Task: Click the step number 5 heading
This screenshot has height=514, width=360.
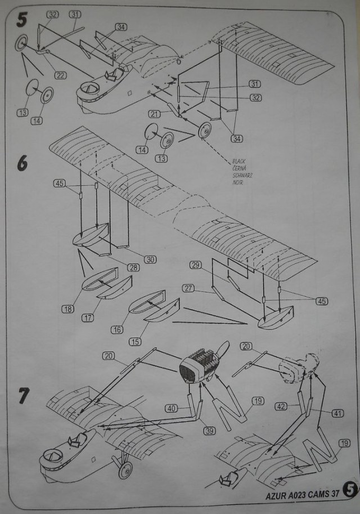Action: pyautogui.click(x=21, y=20)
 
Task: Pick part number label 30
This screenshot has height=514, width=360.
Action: pyautogui.click(x=150, y=259)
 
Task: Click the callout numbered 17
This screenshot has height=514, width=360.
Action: pyautogui.click(x=88, y=318)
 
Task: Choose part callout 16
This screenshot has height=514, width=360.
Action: pyautogui.click(x=117, y=330)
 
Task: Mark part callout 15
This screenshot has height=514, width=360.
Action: pyautogui.click(x=134, y=342)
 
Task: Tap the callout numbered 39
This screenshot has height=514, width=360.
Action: pyautogui.click(x=210, y=431)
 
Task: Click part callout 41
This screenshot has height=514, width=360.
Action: pyautogui.click(x=337, y=413)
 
